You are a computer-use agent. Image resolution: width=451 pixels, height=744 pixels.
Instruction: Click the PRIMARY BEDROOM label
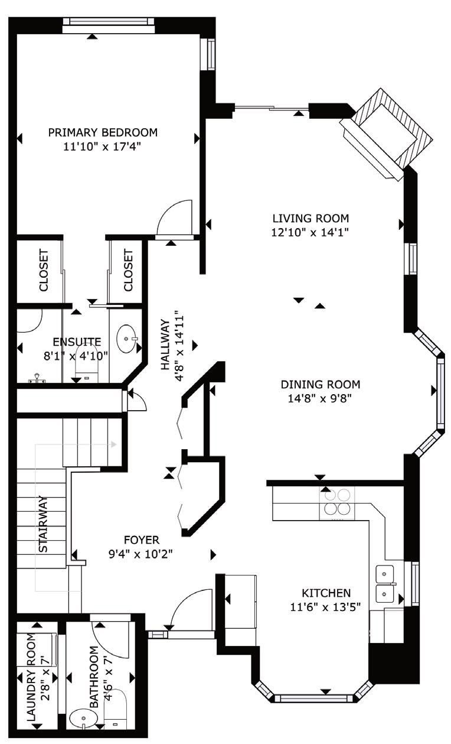103,132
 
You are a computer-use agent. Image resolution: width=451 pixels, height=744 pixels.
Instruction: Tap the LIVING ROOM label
311,218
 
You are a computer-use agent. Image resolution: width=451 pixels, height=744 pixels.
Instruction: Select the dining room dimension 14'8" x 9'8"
319,398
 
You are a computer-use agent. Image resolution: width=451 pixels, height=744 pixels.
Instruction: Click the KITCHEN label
326,593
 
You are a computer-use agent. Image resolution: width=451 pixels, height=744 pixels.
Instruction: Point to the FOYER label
142,540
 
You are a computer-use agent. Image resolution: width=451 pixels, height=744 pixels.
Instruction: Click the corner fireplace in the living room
387,134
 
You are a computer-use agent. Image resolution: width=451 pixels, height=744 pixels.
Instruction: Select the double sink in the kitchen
385,584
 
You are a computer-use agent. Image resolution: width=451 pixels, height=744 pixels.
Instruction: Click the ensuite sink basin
126,339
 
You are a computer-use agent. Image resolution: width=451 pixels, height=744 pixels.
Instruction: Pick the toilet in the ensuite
87,363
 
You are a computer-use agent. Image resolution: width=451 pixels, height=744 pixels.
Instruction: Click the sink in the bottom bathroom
83,719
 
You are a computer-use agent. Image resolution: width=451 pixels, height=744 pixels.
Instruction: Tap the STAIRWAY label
43,524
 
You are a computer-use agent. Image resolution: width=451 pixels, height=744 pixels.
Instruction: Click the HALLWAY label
165,345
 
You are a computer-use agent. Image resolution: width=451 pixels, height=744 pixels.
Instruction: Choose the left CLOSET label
44,271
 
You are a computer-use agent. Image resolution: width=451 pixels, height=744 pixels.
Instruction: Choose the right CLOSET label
128,271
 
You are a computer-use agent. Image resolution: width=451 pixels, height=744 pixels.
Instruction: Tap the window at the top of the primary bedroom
109,22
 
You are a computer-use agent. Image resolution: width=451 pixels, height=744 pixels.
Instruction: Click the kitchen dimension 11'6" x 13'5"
325,607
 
